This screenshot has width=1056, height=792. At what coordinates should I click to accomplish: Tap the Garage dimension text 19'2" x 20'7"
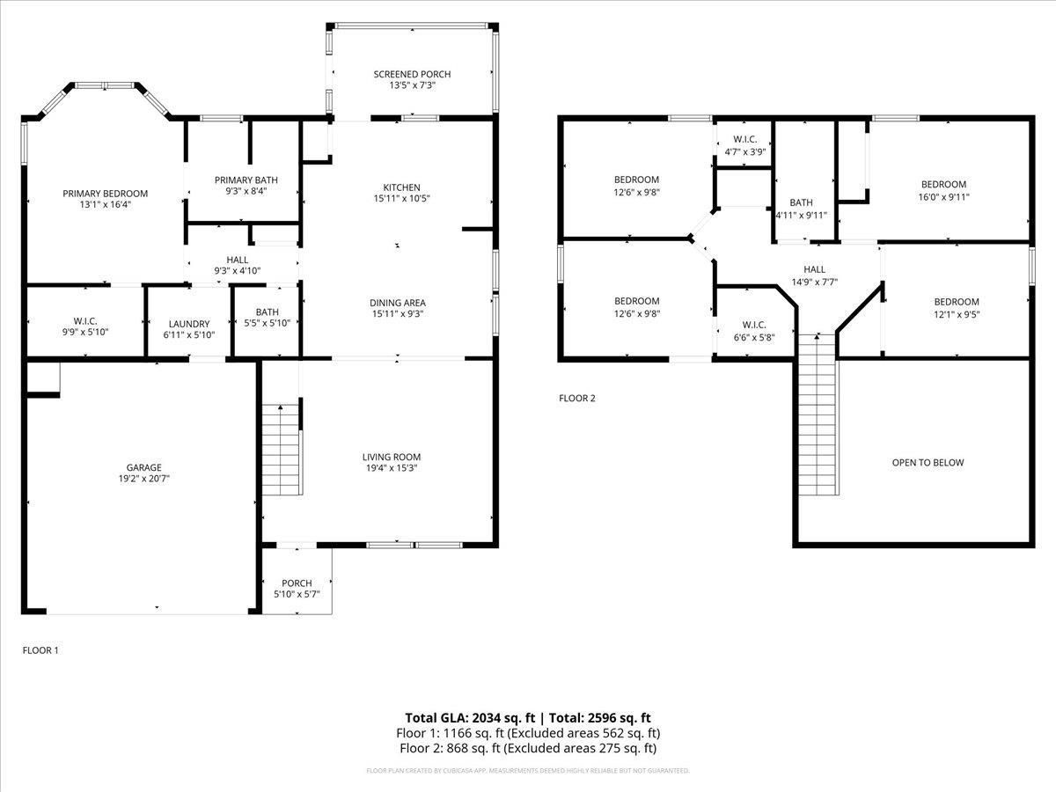143,480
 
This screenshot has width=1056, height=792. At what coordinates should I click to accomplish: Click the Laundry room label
189,324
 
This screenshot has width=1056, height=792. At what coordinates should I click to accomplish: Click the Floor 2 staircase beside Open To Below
818,414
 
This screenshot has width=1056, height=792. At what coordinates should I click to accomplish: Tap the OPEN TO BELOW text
928,463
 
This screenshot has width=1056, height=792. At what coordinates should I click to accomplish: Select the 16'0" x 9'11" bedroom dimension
943,197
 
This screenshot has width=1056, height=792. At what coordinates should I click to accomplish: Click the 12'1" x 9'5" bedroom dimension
956,313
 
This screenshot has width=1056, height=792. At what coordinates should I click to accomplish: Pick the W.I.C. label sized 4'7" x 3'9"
744,140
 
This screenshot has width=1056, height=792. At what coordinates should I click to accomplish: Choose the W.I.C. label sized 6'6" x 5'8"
754,325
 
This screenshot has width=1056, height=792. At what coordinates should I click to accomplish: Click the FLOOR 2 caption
577,399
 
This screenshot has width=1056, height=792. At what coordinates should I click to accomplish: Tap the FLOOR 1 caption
40,650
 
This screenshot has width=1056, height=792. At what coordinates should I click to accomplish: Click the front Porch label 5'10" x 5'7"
297,583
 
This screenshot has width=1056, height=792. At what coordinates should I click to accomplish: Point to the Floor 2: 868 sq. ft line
527,748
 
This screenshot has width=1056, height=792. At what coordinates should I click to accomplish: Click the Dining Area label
398,303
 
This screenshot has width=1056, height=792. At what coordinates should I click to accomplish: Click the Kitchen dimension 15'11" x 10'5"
401,199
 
